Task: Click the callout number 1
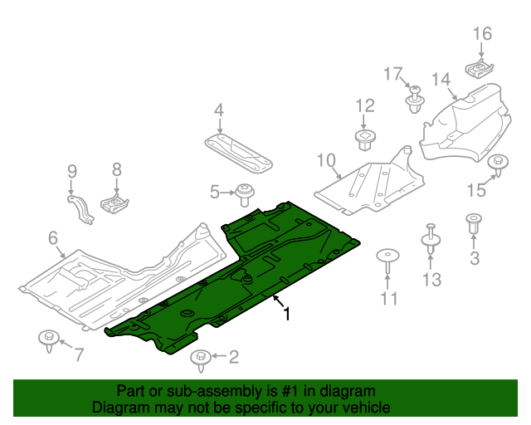click(x=287, y=315)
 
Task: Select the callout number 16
click(x=482, y=34)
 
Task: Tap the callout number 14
click(x=440, y=80)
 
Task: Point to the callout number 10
click(x=325, y=159)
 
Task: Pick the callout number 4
click(x=219, y=110)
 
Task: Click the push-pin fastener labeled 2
click(x=200, y=359)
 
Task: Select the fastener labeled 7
click(x=48, y=340)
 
